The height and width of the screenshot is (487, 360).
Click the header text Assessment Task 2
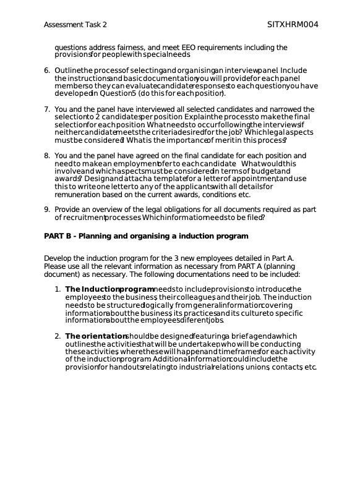pos(75,25)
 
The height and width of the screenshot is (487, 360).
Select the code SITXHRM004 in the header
pos(293,25)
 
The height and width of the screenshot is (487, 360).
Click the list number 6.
pos(47,70)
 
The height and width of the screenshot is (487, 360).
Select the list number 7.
pos(47,109)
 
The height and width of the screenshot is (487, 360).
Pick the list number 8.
pos(47,156)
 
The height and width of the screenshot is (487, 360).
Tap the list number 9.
pos(47,210)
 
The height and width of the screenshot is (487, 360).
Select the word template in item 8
pos(140,179)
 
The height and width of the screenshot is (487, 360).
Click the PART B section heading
pos(146,236)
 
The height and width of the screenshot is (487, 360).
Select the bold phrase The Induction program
pos(109,289)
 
